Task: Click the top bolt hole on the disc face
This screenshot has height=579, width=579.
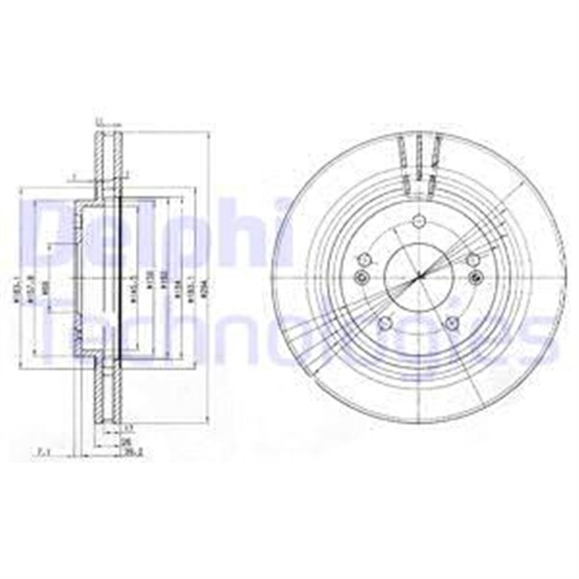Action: click(x=418, y=224)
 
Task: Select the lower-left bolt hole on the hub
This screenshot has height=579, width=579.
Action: click(x=384, y=323)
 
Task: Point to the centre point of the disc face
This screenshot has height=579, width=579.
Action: click(x=418, y=277)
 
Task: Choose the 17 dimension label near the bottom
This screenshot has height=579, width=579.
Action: click(x=128, y=428)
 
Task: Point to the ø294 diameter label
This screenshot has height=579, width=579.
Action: click(x=204, y=288)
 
